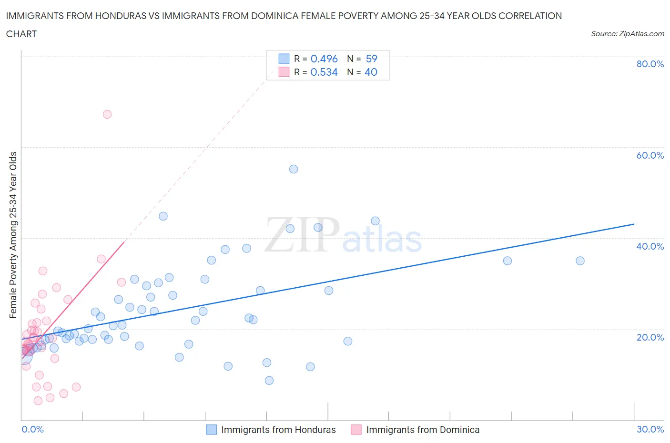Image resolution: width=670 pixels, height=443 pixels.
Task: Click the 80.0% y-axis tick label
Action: [x=650, y=64]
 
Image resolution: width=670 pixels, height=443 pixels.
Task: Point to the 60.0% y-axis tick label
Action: [x=650, y=155]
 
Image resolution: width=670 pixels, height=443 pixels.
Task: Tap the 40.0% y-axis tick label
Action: [x=650, y=246]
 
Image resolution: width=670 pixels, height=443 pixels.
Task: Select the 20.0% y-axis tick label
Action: [x=650, y=337]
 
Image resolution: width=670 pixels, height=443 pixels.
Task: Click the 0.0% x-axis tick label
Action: [x=32, y=429]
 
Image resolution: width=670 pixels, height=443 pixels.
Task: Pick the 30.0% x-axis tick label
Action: [x=650, y=429]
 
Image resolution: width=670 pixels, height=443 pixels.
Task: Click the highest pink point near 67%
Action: [x=107, y=114]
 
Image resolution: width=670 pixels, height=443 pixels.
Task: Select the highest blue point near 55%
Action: [x=294, y=169]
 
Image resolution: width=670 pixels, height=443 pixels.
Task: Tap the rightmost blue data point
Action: [x=580, y=261]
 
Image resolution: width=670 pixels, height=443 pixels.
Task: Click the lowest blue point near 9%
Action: [x=269, y=380]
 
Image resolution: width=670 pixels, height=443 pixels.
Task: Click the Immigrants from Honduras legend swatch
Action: [x=211, y=430]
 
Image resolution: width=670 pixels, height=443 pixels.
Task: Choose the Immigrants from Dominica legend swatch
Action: [x=356, y=430]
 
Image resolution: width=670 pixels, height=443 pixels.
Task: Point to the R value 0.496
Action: [x=324, y=59]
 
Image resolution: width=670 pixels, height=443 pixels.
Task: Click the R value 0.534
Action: [x=324, y=72]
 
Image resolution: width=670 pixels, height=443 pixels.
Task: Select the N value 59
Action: [x=372, y=59]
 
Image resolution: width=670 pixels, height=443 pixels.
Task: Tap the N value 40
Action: [x=371, y=72]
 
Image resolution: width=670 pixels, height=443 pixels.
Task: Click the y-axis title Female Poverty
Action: [x=13, y=235]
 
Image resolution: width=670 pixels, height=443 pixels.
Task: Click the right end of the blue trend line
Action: [x=634, y=224]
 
